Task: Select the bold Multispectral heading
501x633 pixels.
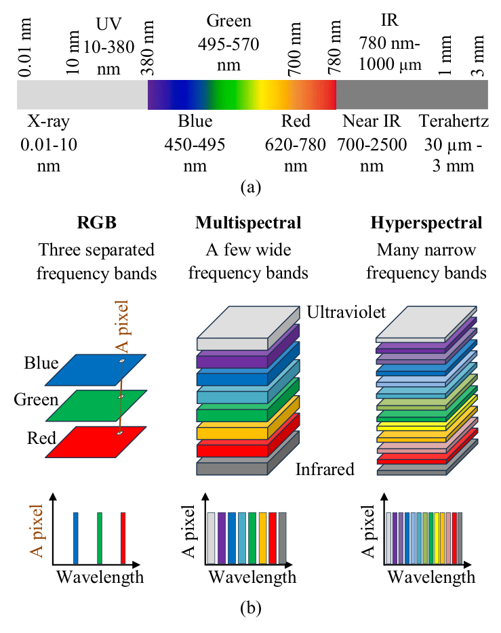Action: point(248,223)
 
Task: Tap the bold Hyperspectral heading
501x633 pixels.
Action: point(426,223)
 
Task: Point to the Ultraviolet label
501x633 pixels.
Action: point(346,312)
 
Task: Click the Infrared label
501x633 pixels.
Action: point(325,469)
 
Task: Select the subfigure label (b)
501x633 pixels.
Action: point(251,608)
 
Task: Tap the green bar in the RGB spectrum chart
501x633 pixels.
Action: point(100,538)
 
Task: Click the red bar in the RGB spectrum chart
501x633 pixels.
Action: point(123,538)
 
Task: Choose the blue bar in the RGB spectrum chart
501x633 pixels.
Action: point(75,538)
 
